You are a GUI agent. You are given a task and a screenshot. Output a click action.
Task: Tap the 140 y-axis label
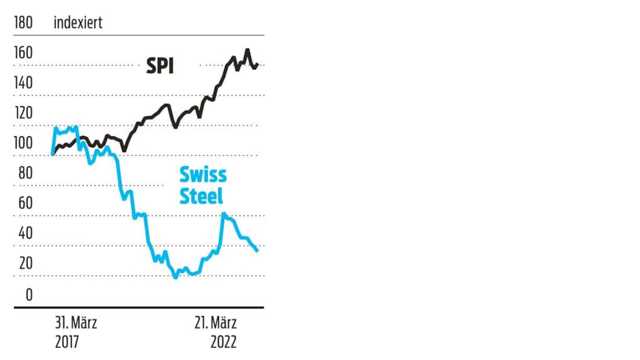click(x=23, y=83)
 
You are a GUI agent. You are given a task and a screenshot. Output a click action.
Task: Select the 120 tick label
click(x=23, y=113)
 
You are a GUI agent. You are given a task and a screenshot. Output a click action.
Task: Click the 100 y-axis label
click(x=23, y=143)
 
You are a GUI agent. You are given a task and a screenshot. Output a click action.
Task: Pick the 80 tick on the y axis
click(x=23, y=173)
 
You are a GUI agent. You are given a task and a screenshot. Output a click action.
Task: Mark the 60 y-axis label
click(x=23, y=203)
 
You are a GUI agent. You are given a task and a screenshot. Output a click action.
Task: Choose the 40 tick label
click(x=23, y=234)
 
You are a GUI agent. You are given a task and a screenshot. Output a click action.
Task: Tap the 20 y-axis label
click(x=23, y=263)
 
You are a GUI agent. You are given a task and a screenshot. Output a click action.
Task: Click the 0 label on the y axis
click(x=29, y=294)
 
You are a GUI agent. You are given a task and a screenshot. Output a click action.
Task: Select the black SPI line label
click(x=159, y=66)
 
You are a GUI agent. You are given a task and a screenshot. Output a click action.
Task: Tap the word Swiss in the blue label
click(x=203, y=173)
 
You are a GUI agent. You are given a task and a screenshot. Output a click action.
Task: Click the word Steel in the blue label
click(x=201, y=195)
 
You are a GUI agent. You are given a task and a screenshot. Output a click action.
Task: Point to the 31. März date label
click(x=76, y=322)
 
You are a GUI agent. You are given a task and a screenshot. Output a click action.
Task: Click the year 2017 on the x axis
click(x=67, y=342)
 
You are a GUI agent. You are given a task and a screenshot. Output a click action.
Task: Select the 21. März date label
click(x=215, y=322)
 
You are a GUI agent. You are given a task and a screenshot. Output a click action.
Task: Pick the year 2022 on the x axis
click(x=224, y=342)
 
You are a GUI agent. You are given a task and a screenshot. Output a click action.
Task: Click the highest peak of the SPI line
click(x=248, y=50)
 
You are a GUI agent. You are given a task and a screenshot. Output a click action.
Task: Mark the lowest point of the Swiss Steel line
click(x=176, y=277)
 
